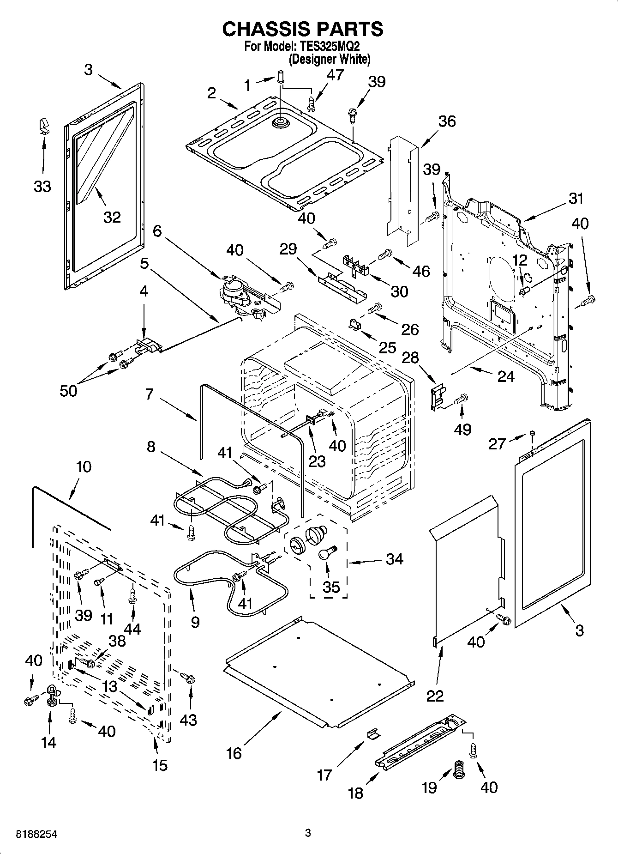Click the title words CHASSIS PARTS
302,29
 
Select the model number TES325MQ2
328,47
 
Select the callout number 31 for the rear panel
576,199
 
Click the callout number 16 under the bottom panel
234,753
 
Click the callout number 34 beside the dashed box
394,559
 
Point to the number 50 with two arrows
69,391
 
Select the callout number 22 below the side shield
435,696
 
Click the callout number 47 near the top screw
335,75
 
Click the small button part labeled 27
532,432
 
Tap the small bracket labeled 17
372,734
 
